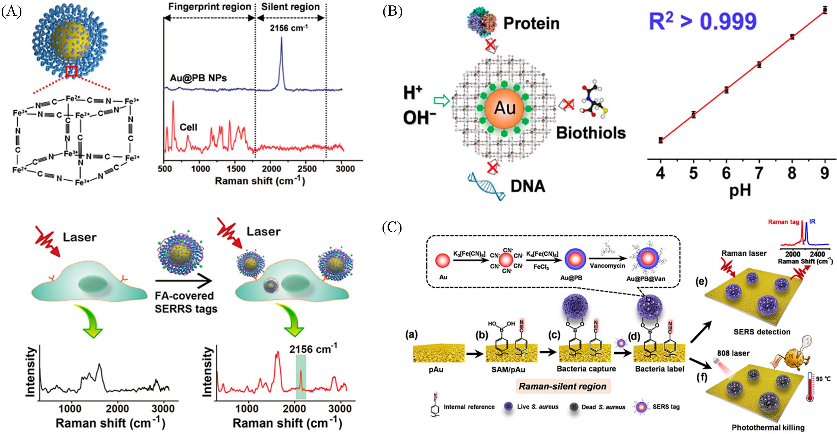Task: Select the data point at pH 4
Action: [x=661, y=140]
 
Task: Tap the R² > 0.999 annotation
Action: [x=702, y=21]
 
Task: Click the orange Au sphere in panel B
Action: [x=505, y=108]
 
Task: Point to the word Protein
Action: [x=531, y=23]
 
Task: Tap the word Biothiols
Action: [x=591, y=133]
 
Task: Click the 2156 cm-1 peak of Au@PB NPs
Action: [x=281, y=38]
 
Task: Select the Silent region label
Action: [x=290, y=6]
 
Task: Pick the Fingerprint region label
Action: [x=210, y=6]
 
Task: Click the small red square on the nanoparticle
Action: [x=71, y=71]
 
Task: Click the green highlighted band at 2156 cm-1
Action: [x=301, y=377]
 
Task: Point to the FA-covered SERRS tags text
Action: [x=186, y=302]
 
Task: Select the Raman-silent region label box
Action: [x=563, y=386]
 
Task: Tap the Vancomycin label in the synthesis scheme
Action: [x=607, y=266]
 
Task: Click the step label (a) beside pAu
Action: [x=411, y=335]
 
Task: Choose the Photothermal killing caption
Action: [x=768, y=428]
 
